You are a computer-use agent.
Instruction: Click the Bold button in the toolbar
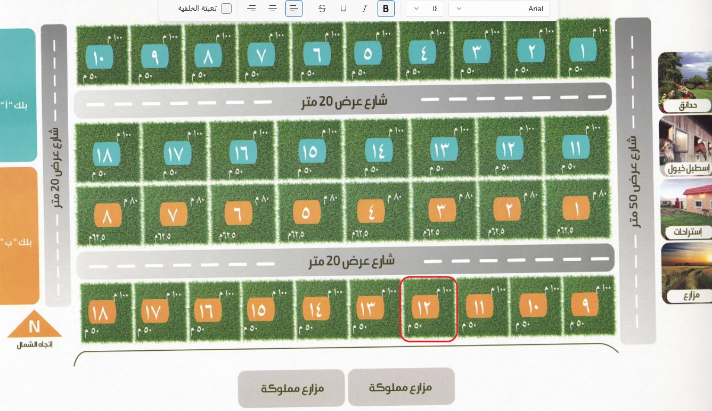(x=386, y=9)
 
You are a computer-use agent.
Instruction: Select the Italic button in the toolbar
(x=365, y=9)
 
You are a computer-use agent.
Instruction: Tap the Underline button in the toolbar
(x=343, y=9)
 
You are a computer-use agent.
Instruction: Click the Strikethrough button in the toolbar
(x=322, y=9)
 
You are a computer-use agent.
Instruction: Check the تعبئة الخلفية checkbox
(x=226, y=9)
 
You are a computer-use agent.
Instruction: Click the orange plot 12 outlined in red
(x=428, y=308)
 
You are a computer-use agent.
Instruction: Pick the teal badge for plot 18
(x=107, y=155)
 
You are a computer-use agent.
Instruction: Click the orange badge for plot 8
(x=108, y=216)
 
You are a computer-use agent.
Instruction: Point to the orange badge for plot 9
(x=584, y=305)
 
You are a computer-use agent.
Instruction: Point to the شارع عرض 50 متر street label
(x=633, y=181)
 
